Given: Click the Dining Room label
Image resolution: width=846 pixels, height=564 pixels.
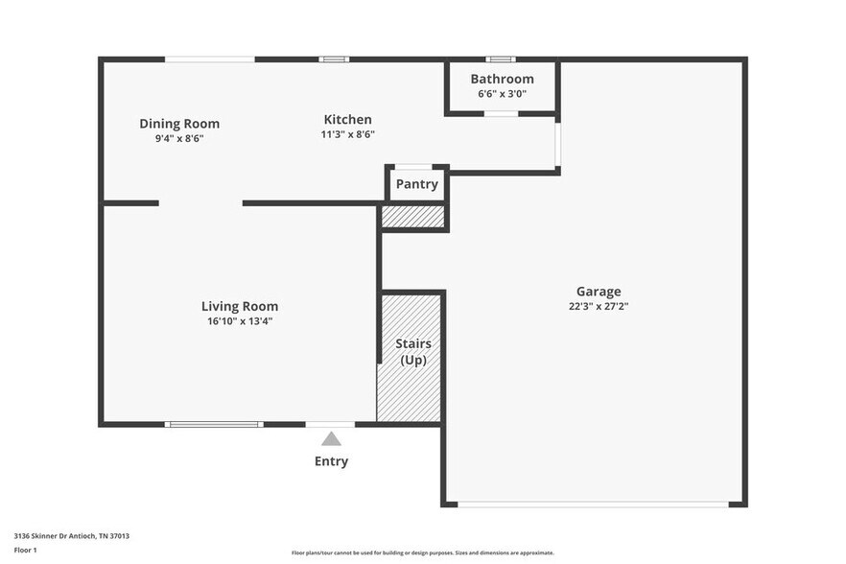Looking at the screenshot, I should click(179, 124).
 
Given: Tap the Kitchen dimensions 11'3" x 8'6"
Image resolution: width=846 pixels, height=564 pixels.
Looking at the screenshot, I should click(346, 134).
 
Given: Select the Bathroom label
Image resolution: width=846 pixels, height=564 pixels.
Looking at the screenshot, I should click(502, 79).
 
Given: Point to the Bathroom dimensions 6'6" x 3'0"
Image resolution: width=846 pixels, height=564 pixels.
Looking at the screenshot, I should click(502, 94).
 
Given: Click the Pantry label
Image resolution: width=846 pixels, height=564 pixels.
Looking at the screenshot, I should click(416, 184).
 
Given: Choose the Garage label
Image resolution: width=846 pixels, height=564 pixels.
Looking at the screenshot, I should click(598, 292).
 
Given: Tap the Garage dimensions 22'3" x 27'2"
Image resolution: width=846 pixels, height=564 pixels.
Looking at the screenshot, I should click(598, 307).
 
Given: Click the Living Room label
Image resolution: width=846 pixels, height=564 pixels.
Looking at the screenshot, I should click(239, 307).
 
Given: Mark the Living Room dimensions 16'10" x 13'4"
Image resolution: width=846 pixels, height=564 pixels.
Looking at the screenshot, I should click(239, 321).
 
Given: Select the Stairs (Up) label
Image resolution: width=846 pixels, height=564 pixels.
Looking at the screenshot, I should click(412, 351).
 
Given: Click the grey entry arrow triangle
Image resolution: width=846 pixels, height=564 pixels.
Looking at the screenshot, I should click(331, 439).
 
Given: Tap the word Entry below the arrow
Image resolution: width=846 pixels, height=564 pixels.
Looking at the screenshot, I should click(331, 461).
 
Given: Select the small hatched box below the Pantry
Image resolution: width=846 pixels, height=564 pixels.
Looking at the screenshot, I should click(413, 217).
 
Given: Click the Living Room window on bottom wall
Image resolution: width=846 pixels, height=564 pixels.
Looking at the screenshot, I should click(213, 424).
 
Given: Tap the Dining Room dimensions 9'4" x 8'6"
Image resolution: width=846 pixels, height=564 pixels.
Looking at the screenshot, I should click(179, 138).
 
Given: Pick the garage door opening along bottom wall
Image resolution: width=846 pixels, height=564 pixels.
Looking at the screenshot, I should click(592, 505).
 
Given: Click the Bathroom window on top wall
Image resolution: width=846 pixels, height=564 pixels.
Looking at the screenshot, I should click(501, 59).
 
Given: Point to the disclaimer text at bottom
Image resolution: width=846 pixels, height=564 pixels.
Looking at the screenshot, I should click(422, 552).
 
